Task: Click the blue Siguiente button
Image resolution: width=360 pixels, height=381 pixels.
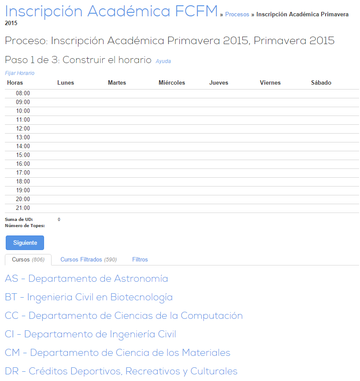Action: (25, 243)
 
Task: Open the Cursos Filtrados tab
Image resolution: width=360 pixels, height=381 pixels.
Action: (89, 260)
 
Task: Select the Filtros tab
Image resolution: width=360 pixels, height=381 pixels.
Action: (140, 260)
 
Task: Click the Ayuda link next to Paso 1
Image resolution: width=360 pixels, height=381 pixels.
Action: (163, 61)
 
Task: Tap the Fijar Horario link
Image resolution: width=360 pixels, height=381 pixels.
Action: (19, 73)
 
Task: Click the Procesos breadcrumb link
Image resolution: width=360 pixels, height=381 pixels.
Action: (237, 15)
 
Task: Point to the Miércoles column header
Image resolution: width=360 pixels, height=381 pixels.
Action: (172, 83)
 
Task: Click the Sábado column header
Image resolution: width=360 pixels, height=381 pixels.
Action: (321, 83)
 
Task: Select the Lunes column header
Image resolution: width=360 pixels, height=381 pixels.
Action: (66, 83)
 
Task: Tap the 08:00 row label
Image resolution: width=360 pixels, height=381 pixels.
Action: (23, 93)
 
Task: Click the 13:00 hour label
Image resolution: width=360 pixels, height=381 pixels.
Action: (23, 138)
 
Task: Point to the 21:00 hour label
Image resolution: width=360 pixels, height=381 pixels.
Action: (23, 208)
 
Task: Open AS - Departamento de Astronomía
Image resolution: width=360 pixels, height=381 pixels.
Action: (86, 279)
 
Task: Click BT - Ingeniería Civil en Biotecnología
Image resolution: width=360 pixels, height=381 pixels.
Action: (89, 297)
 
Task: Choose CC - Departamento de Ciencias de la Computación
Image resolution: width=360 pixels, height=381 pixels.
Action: (124, 316)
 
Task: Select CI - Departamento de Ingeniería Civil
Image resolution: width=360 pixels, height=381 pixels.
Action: (90, 334)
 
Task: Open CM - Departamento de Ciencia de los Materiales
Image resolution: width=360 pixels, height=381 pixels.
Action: (118, 353)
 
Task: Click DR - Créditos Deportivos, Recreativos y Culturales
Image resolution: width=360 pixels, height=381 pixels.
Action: (121, 371)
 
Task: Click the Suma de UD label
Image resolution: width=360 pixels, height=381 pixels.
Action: (19, 219)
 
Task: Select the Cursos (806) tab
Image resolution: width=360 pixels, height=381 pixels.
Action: (28, 260)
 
